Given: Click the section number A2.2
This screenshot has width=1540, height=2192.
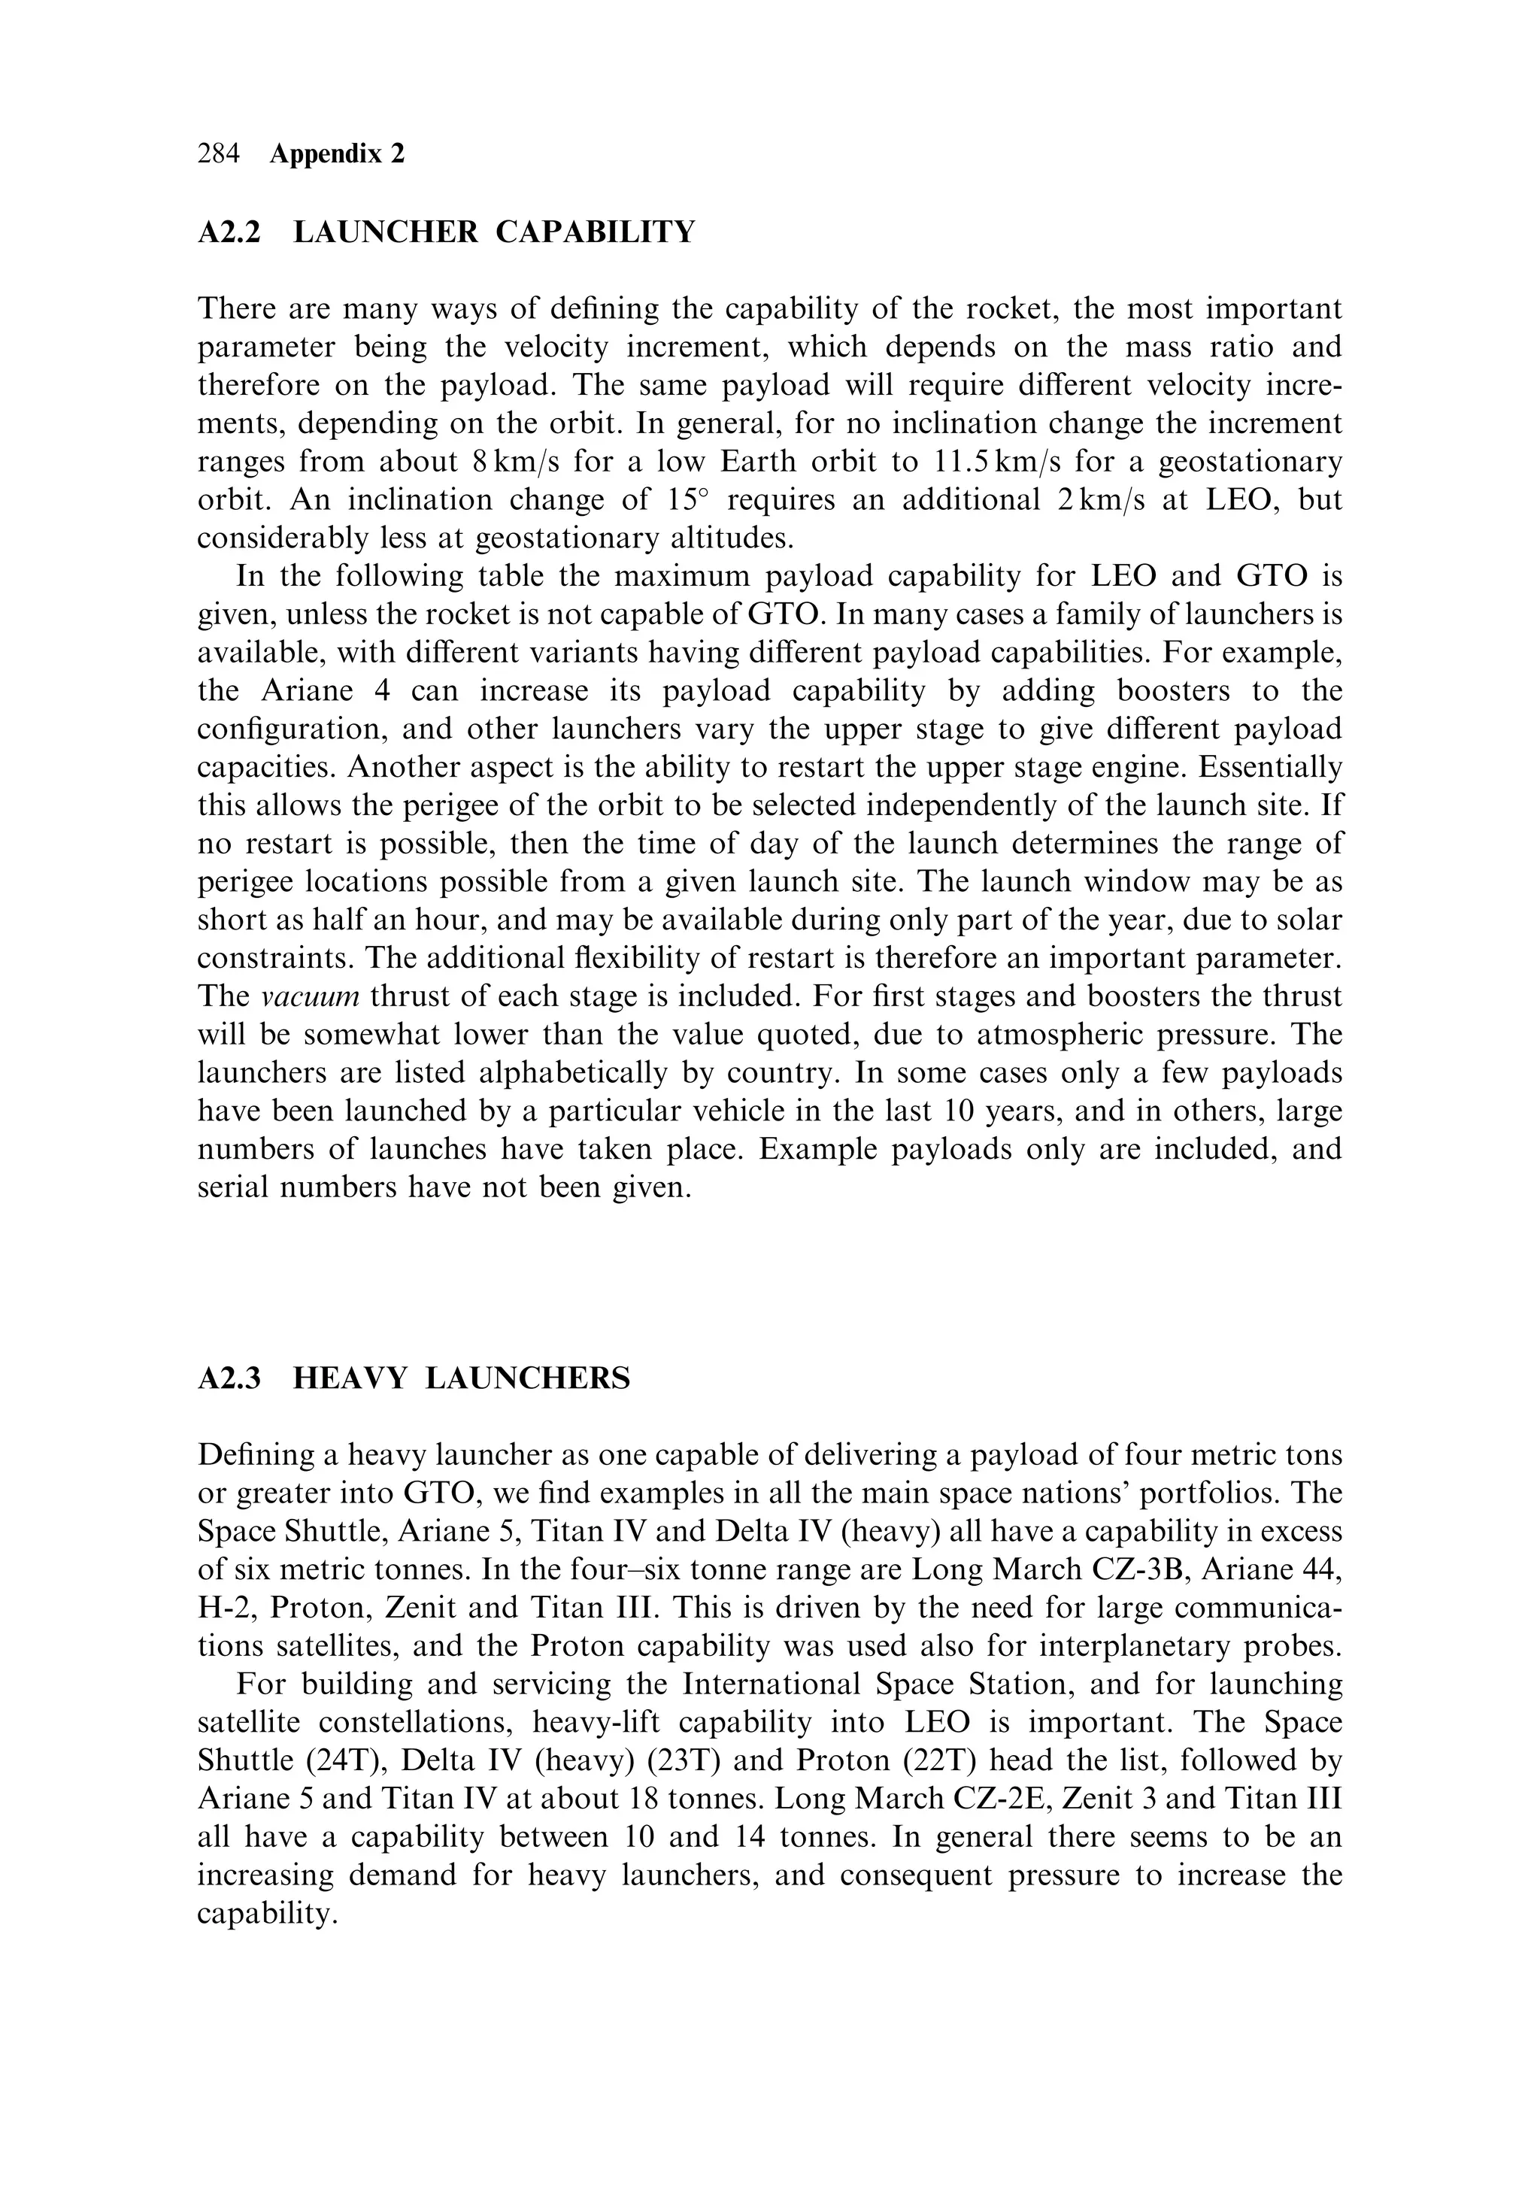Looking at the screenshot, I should click(x=229, y=232).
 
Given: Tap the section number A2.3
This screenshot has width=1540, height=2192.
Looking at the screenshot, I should click(x=229, y=1378).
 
